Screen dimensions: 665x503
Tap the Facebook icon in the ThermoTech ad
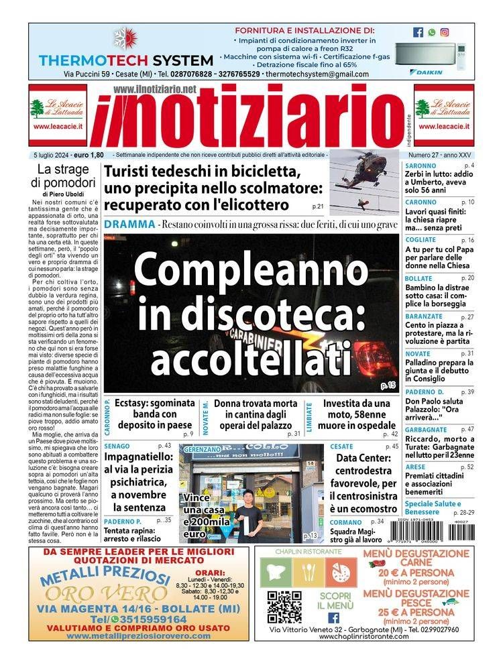point(418,32)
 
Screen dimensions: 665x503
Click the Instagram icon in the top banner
point(444,32)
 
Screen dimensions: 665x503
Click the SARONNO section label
point(421,166)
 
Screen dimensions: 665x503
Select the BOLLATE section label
point(419,278)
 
